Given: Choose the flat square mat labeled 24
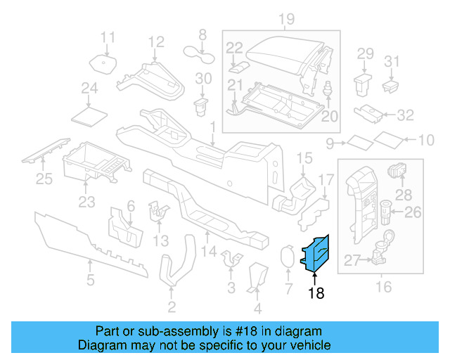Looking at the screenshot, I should (x=90, y=113).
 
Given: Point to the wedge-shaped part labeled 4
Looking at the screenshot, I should (x=257, y=276).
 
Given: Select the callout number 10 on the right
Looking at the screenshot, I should (x=426, y=141).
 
